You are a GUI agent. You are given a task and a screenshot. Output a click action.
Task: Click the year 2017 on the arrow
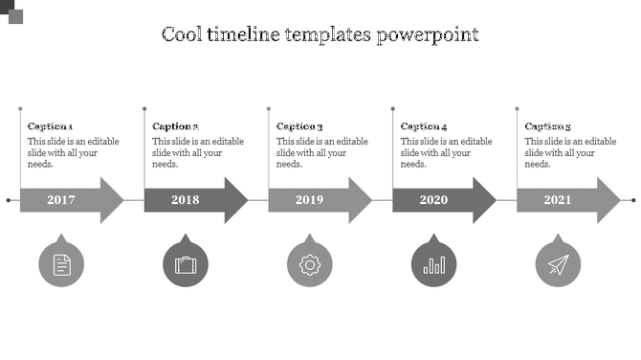(x=61, y=200)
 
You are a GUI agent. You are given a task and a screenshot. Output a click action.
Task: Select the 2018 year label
(x=186, y=200)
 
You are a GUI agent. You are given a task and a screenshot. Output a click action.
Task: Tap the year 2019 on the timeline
(x=309, y=200)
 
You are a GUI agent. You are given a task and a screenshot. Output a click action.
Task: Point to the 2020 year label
(x=433, y=200)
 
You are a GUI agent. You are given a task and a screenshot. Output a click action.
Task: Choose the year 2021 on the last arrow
(x=558, y=200)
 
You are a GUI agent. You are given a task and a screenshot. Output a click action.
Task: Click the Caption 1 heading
(x=51, y=126)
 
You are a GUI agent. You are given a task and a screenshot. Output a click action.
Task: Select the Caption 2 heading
(x=175, y=126)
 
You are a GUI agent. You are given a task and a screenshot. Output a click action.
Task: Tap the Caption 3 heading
(x=299, y=126)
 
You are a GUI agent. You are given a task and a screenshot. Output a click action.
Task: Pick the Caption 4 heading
(x=424, y=126)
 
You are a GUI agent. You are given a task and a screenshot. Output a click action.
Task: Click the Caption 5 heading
(x=548, y=126)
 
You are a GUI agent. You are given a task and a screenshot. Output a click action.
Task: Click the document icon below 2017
(x=61, y=264)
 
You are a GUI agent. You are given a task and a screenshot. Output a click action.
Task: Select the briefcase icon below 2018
(x=186, y=264)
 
